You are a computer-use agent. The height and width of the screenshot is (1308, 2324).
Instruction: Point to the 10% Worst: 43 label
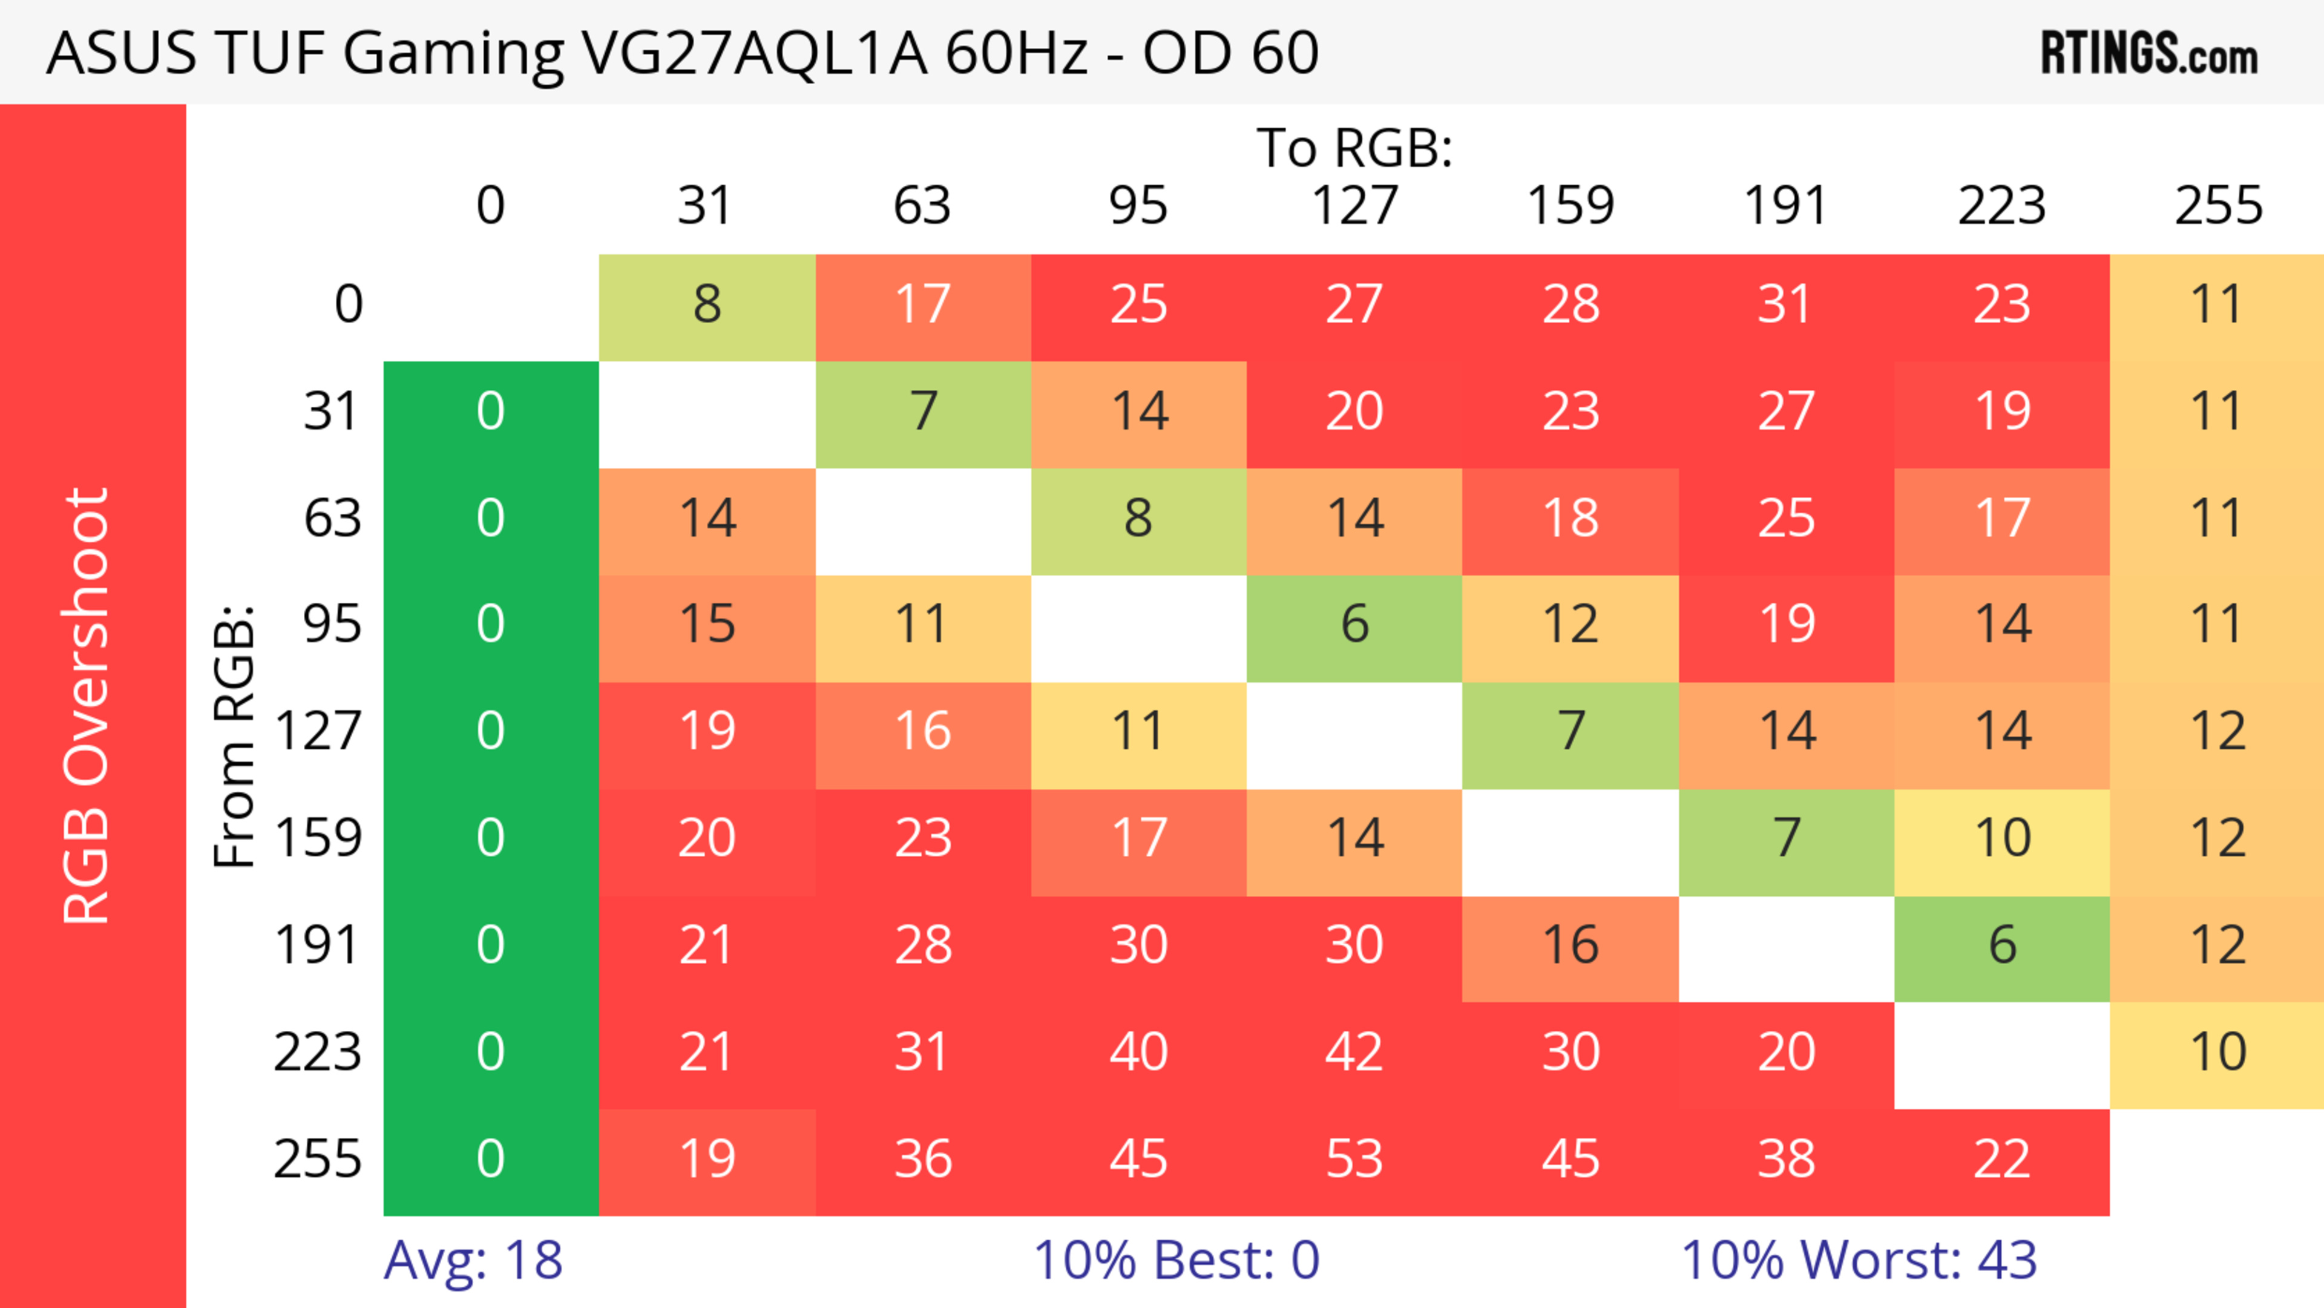pos(1859,1260)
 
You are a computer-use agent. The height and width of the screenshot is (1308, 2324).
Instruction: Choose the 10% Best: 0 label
pos(1175,1260)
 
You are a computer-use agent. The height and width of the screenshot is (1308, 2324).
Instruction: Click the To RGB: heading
pos(1354,148)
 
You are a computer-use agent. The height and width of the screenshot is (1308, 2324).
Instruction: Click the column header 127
pos(1354,206)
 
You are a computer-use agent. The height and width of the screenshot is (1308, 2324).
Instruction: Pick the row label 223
pos(318,1053)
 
